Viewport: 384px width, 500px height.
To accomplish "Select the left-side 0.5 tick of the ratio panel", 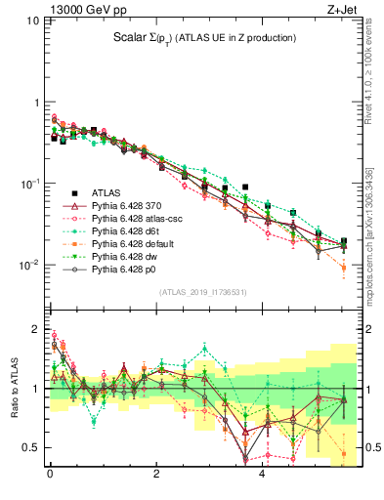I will [35, 447].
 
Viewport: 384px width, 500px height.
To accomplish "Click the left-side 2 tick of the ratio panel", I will [37, 329].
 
